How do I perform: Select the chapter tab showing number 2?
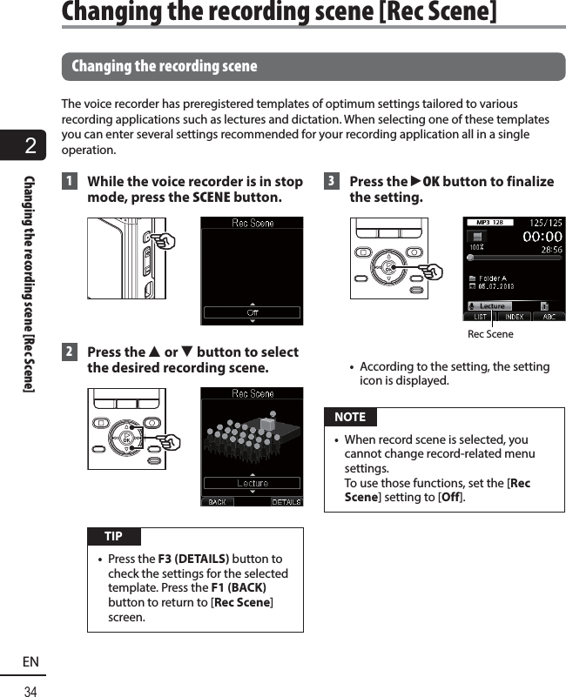(x=30, y=145)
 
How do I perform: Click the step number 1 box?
(x=69, y=182)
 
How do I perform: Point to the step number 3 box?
(x=331, y=182)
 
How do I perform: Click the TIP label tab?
(x=113, y=536)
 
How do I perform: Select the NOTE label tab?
(x=350, y=417)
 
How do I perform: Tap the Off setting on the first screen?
(x=253, y=312)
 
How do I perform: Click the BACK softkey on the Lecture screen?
(x=217, y=501)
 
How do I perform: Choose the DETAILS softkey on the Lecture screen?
(x=286, y=501)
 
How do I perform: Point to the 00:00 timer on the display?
(x=541, y=237)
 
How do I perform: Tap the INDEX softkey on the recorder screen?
(x=514, y=316)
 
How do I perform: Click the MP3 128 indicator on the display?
(x=489, y=223)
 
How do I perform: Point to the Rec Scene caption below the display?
(x=490, y=334)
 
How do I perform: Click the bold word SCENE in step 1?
(x=212, y=198)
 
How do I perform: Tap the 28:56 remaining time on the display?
(x=549, y=250)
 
